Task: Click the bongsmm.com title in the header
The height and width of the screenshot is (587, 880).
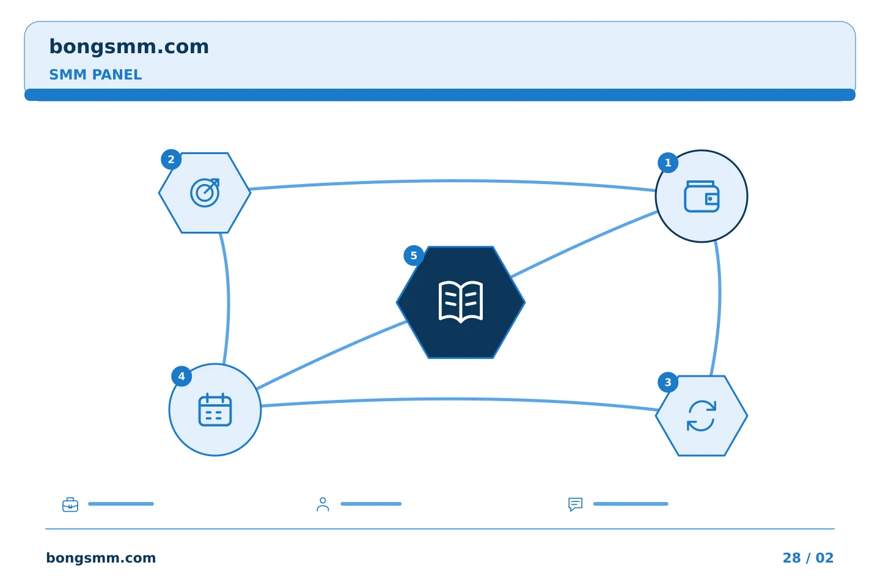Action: point(129,47)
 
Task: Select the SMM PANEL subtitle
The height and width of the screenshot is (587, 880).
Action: point(95,75)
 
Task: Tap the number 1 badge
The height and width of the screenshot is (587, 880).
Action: point(668,163)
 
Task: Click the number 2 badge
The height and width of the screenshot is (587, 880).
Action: point(171,159)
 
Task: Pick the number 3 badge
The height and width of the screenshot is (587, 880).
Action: point(668,382)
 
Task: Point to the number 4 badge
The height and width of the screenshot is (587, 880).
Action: point(182,376)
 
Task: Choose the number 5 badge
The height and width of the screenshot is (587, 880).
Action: point(414,256)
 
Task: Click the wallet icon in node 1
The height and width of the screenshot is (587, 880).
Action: point(702,196)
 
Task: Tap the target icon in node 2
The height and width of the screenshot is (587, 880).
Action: point(205,193)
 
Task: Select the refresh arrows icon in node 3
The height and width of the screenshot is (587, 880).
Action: point(702,416)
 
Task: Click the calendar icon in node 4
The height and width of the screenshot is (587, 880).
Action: point(215,410)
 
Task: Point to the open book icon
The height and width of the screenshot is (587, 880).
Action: point(460,302)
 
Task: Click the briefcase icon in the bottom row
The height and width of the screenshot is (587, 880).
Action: point(70,504)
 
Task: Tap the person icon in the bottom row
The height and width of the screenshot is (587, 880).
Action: point(323,504)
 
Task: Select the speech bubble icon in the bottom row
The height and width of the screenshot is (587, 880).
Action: point(576,504)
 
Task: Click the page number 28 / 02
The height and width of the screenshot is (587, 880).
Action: point(808,558)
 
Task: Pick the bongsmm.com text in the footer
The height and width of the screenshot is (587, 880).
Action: point(101,558)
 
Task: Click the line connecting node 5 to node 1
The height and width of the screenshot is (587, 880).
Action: point(585,244)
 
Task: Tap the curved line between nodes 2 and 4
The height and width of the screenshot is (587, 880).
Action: point(228,299)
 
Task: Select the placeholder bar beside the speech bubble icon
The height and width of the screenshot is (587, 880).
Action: point(631,504)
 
